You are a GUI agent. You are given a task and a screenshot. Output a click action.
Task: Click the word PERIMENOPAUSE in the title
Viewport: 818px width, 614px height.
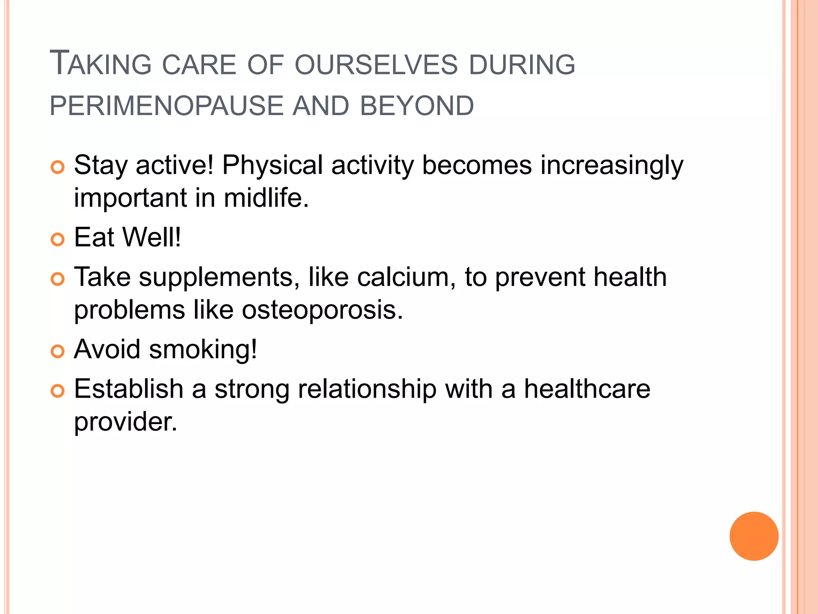click(x=166, y=106)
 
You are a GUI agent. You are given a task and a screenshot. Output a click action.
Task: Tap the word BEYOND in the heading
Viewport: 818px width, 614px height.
click(x=417, y=106)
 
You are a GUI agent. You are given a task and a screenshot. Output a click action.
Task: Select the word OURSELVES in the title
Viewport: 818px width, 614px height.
click(x=375, y=65)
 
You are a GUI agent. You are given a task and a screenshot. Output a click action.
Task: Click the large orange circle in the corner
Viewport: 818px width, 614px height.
click(x=754, y=536)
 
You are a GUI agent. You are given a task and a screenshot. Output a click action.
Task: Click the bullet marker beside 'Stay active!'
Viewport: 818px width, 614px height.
click(x=58, y=167)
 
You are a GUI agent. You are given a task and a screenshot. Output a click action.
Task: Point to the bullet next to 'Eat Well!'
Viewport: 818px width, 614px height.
click(x=58, y=239)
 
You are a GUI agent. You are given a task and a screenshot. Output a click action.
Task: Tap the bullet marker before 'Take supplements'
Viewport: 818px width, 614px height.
click(x=58, y=279)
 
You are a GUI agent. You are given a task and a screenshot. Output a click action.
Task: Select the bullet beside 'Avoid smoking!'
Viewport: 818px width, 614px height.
click(x=58, y=351)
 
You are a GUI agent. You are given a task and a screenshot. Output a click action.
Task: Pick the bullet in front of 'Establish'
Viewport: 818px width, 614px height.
click(x=58, y=391)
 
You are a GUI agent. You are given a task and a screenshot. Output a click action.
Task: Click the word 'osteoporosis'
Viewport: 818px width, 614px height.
click(x=322, y=310)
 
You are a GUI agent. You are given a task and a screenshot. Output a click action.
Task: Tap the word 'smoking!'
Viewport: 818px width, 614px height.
click(x=203, y=349)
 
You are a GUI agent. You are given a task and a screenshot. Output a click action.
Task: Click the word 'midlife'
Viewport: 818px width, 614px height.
click(x=266, y=198)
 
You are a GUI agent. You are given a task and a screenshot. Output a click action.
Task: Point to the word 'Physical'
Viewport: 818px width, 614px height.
click(x=272, y=165)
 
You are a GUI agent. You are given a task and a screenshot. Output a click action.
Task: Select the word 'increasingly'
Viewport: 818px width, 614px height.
click(x=612, y=165)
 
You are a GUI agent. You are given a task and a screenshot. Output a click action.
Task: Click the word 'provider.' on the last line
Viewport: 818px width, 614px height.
click(x=125, y=422)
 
